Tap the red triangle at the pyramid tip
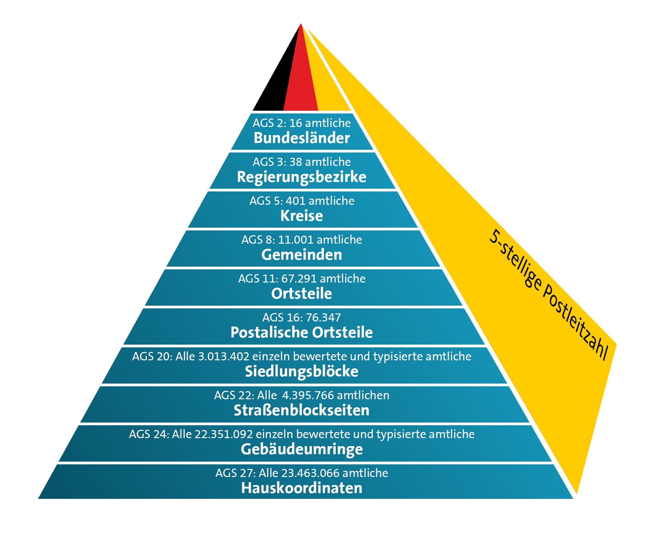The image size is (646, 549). click(x=301, y=84)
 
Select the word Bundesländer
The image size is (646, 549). click(x=302, y=138)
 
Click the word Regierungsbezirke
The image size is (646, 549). click(x=302, y=177)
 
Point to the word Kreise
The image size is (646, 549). click(x=302, y=216)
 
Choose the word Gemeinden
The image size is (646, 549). click(x=302, y=255)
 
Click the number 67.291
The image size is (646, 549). click(x=299, y=279)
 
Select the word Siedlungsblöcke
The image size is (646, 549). click(x=302, y=372)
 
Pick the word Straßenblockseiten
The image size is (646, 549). click(x=302, y=410)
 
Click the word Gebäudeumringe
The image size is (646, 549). click(x=302, y=449)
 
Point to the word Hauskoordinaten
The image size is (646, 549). click(x=302, y=488)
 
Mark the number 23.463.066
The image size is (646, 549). click(x=310, y=473)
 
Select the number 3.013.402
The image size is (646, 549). click(x=224, y=356)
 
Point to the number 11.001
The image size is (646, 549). click(x=296, y=240)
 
